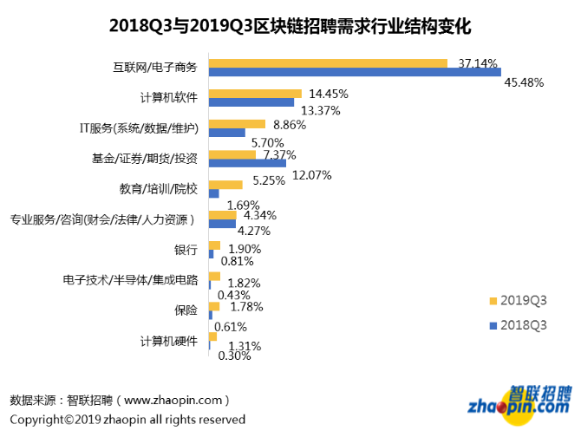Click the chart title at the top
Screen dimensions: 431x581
click(290, 26)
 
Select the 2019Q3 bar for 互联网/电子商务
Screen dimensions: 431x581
click(328, 63)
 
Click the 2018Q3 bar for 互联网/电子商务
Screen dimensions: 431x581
click(355, 73)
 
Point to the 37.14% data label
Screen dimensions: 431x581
click(477, 63)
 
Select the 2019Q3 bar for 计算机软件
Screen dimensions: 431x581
click(255, 94)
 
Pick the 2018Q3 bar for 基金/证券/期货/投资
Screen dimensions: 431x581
click(247, 163)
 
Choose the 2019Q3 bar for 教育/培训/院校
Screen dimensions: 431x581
click(225, 184)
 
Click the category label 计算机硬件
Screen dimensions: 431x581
click(169, 341)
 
